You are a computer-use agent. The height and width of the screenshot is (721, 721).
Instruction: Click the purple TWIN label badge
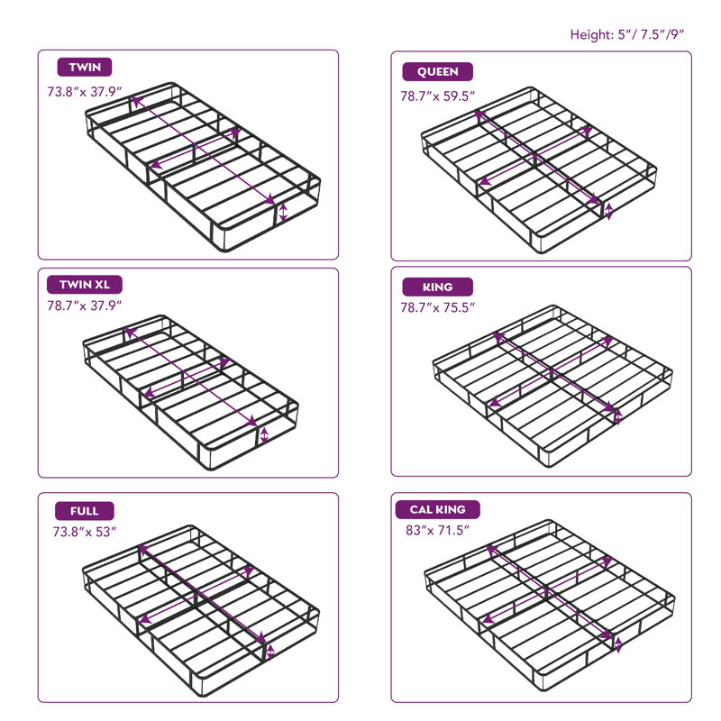pos(85,67)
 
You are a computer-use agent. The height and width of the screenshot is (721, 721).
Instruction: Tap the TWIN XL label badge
pos(85,285)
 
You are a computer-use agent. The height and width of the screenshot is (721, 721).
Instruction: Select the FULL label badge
pos(85,511)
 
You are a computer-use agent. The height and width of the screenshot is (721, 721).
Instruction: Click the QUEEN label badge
pos(437,72)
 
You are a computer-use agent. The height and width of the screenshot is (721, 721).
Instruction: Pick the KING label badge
pos(437,287)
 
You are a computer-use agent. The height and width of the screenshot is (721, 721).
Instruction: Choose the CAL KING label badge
pos(437,509)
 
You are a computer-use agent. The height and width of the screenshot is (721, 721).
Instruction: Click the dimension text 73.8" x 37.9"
pos(84,92)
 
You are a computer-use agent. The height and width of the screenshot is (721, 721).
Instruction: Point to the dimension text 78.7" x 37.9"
pos(84,306)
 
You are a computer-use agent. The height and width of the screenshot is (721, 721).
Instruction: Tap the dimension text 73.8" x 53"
pos(85,532)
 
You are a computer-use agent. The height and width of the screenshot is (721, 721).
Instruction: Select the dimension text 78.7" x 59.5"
pos(437,96)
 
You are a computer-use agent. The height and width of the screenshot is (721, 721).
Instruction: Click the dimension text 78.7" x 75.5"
pos(437,307)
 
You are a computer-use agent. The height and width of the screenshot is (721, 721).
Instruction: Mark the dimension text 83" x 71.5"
pos(437,531)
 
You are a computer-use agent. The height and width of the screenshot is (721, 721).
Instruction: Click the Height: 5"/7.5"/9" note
pos(626,35)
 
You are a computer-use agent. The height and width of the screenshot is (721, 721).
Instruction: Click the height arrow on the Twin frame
pos(283,213)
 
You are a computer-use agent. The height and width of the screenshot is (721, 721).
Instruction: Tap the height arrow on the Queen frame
pos(609,211)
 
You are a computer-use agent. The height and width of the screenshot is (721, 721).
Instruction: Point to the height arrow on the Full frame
pos(270,652)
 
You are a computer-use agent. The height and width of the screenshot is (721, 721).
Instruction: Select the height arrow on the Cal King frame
pos(618,644)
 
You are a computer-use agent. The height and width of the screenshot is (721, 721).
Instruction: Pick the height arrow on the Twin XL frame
pos(264,436)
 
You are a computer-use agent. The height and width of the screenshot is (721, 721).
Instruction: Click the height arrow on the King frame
pos(618,416)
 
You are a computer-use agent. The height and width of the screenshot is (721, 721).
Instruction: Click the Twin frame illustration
pos(203,167)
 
